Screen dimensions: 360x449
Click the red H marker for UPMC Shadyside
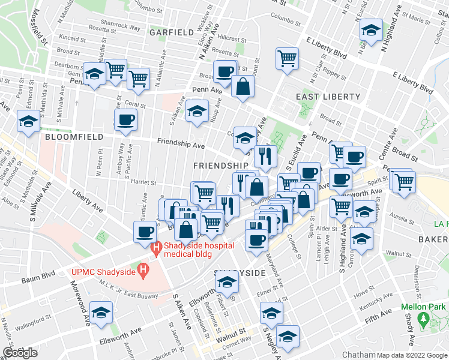[143, 272]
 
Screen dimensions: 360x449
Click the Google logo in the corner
[20, 353]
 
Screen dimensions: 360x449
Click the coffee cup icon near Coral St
[125, 119]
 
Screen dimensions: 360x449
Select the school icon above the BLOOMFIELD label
[29, 121]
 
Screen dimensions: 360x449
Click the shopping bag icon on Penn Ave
[243, 86]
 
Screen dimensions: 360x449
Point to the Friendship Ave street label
[181, 144]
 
